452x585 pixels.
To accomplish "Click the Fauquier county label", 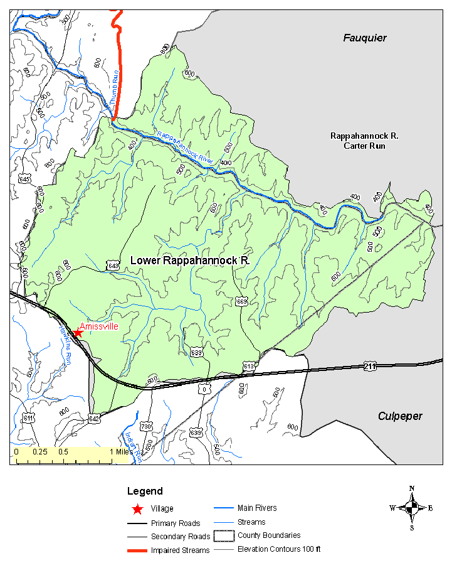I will tap(364, 38).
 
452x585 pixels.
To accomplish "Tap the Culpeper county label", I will tap(399, 416).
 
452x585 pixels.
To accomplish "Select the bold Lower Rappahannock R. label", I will tap(190, 260).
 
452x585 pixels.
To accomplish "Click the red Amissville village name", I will tap(99, 326).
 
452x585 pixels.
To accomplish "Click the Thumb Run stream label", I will tap(114, 89).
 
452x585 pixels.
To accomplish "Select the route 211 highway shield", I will tap(369, 365).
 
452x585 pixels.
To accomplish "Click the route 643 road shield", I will tap(113, 266).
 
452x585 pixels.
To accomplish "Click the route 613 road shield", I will tap(249, 366).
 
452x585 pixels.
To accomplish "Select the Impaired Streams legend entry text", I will tap(181, 550).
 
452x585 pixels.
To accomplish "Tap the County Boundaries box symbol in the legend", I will tap(222, 536).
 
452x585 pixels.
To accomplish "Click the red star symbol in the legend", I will tap(137, 509).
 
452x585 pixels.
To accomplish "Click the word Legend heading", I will tap(145, 491).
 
